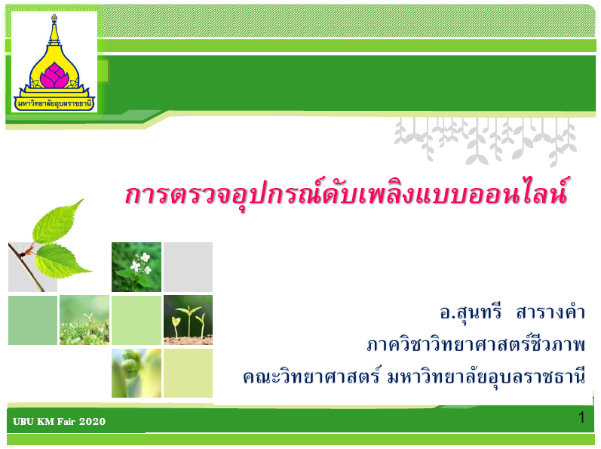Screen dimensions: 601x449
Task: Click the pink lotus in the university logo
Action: [x=54, y=75]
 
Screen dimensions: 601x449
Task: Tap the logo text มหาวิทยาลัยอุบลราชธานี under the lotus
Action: [x=54, y=103]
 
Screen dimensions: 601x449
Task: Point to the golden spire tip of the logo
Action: [x=54, y=17]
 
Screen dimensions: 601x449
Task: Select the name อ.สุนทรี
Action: [x=471, y=313]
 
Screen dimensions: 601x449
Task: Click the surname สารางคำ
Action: [x=550, y=312]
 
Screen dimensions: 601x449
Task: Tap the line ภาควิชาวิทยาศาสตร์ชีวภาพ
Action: [x=476, y=343]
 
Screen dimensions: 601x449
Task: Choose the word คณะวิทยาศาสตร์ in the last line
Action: [x=311, y=377]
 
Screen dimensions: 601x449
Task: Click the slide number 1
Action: [x=581, y=417]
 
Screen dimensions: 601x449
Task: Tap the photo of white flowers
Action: [x=136, y=267]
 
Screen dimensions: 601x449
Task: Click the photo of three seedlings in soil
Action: [x=188, y=320]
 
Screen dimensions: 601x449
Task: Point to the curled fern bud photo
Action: [x=136, y=373]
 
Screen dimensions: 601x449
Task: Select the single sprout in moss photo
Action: [x=84, y=320]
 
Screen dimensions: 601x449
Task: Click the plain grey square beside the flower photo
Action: [x=188, y=267]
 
